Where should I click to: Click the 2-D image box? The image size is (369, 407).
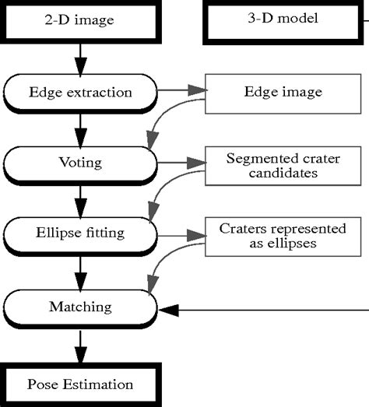coord(78,19)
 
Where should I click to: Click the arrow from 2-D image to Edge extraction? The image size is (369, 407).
coord(79,56)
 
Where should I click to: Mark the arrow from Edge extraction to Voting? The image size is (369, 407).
coord(79,127)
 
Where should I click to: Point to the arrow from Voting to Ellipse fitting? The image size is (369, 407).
coord(79,200)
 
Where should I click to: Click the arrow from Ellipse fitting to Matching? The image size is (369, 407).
coord(79,271)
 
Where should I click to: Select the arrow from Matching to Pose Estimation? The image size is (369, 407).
coord(79,346)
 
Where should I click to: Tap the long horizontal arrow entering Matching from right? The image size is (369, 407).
coord(265,310)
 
